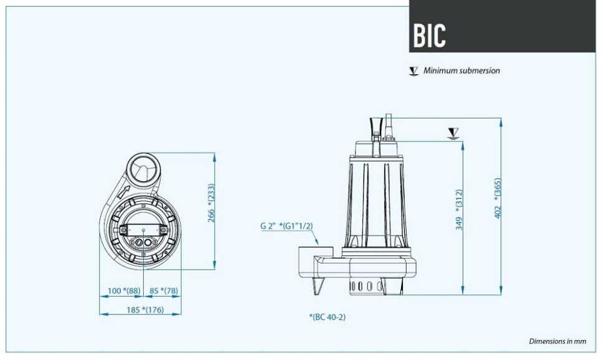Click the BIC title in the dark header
click(x=430, y=36)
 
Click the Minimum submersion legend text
click(x=461, y=71)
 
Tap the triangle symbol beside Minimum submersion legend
click(x=413, y=71)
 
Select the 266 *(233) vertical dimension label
click(x=211, y=203)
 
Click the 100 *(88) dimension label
click(x=125, y=290)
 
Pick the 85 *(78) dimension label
click(x=164, y=290)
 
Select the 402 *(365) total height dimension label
click(x=498, y=198)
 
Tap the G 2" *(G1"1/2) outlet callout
click(x=286, y=226)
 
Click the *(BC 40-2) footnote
click(x=327, y=317)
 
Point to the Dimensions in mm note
click(x=557, y=341)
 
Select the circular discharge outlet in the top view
click(x=142, y=168)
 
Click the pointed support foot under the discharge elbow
click(x=318, y=284)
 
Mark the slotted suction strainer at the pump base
click(x=366, y=285)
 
